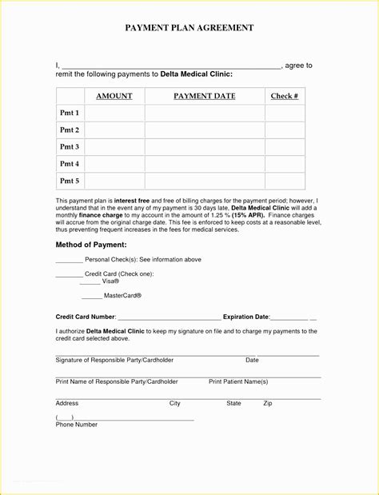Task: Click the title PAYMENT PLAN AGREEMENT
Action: [189, 28]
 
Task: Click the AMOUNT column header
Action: [114, 97]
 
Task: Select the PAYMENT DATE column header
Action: [205, 97]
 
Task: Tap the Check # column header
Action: [285, 97]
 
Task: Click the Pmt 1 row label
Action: [70, 114]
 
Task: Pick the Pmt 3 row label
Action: [70, 147]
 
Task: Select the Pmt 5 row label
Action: [70, 181]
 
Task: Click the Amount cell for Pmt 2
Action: [114, 130]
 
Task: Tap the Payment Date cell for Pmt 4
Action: [205, 164]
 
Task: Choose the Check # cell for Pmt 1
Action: [285, 114]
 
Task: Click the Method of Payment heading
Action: [91, 245]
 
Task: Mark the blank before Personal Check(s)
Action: [69, 261]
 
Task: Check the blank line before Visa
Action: [90, 282]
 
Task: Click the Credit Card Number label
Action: [86, 317]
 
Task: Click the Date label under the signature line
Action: [252, 361]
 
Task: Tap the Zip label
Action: [268, 404]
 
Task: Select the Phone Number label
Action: [76, 425]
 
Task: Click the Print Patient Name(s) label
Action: [238, 382]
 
